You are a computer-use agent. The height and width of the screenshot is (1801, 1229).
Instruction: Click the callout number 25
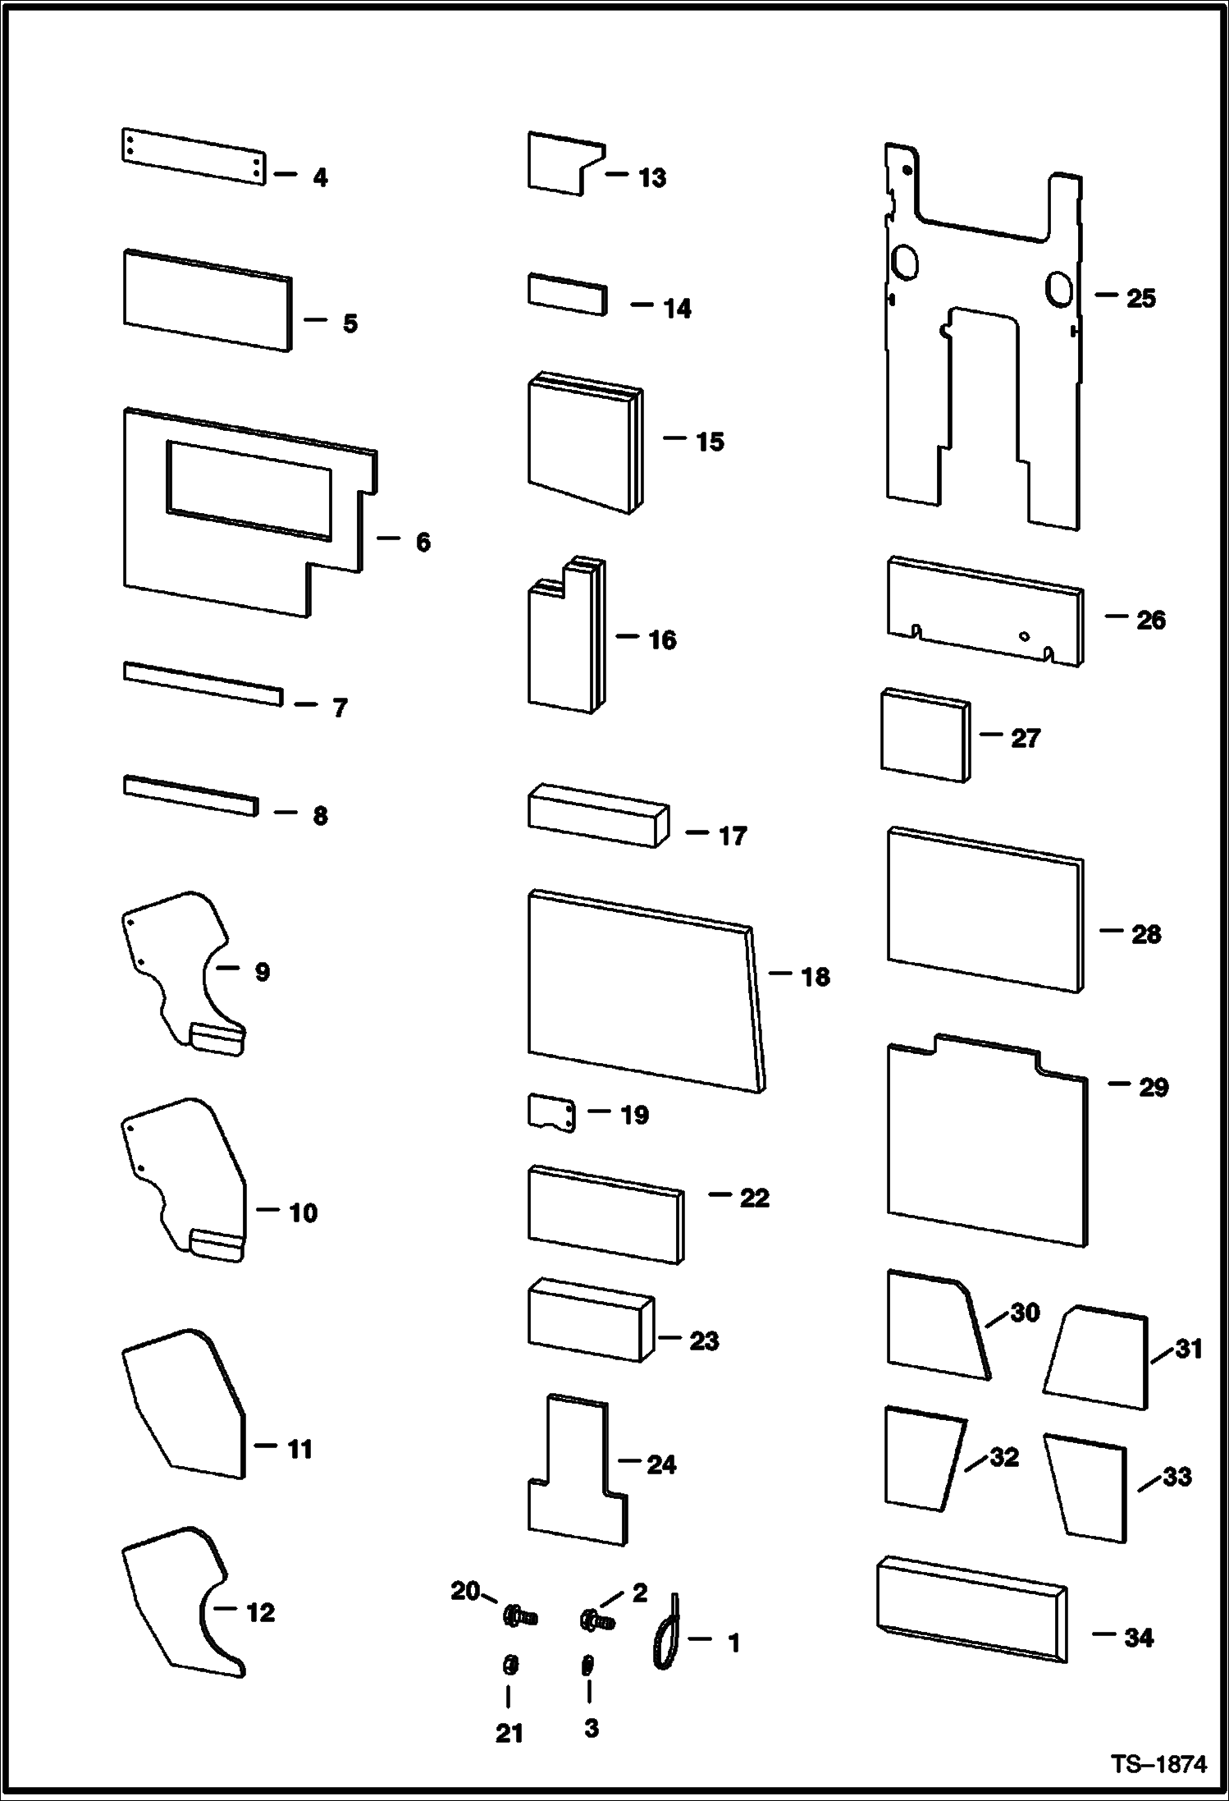(1140, 298)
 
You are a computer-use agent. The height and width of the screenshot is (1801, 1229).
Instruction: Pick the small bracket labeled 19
(550, 1113)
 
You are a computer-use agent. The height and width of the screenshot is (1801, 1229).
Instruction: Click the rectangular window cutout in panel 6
(249, 490)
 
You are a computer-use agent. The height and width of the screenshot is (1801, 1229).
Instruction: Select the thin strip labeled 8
(190, 795)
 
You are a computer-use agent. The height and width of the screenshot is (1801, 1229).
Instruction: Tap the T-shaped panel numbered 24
(577, 1473)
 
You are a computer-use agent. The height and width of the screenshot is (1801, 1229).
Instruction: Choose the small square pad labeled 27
(925, 735)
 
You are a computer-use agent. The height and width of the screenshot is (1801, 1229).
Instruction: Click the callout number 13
(652, 178)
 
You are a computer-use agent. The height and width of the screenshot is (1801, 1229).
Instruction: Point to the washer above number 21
(509, 1666)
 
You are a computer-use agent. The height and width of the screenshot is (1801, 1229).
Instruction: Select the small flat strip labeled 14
(567, 294)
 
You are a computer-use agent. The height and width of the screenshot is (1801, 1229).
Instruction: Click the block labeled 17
(597, 816)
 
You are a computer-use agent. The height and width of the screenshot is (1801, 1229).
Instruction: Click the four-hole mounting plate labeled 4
(194, 156)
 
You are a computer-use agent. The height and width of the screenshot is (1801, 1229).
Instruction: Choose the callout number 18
(816, 977)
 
